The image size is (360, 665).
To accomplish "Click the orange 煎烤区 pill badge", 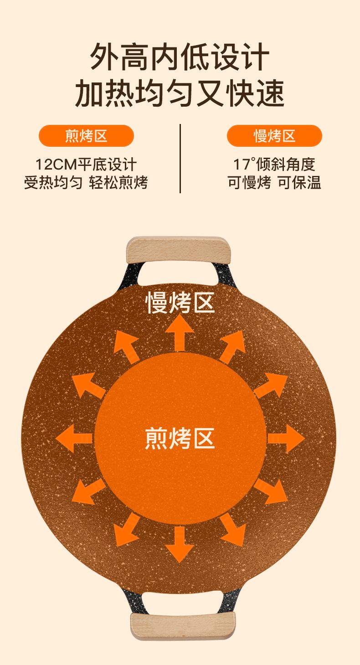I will tap(86, 136).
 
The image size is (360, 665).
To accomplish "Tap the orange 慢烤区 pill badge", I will tap(274, 136).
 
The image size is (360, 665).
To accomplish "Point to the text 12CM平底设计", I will tap(86, 164).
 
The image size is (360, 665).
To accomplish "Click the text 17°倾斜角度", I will tap(274, 164).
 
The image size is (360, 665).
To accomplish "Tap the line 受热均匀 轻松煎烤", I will tap(86, 183).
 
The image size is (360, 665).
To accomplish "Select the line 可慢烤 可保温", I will tap(274, 183).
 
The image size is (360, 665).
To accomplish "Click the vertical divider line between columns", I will tap(180, 158).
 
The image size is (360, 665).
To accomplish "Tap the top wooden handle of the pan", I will tap(178, 250).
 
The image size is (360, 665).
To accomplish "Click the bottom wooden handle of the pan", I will tap(183, 625).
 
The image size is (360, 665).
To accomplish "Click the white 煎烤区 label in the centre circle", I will tap(180, 438).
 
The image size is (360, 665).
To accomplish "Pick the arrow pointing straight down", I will tap(180, 545).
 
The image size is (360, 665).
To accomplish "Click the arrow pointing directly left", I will tap(73, 438).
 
